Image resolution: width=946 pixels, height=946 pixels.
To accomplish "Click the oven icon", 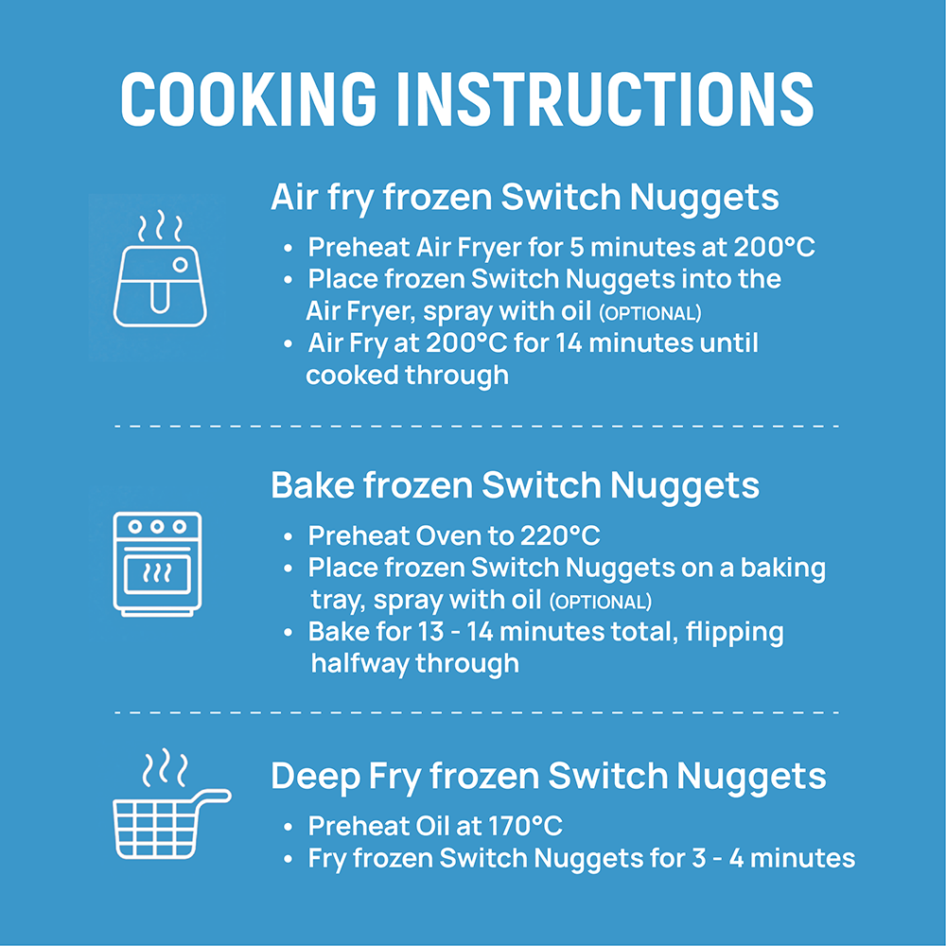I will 157,565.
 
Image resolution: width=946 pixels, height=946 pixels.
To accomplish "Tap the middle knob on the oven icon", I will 157,527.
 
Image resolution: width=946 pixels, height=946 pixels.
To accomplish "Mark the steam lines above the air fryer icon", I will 159,227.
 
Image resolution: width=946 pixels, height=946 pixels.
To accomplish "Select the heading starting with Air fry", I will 524,198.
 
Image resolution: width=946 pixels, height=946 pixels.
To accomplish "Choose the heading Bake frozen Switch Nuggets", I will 515,485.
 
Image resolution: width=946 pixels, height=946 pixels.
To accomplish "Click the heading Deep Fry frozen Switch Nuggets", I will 548,777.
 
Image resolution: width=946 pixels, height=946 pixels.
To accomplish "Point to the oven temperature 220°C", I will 559,536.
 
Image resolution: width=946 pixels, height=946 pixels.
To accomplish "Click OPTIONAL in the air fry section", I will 651,313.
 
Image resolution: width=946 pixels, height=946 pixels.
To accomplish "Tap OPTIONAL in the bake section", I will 601,602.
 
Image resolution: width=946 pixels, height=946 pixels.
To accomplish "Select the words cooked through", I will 407,376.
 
